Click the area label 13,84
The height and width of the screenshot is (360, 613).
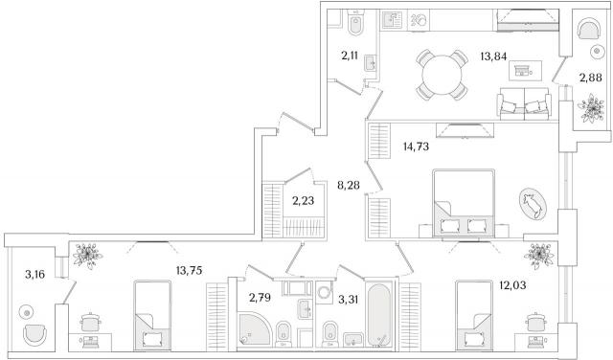pos(493,56)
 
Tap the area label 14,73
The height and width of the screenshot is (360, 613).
pos(416,147)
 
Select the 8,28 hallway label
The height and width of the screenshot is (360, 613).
pos(349,185)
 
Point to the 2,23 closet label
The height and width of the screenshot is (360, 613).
pos(303,201)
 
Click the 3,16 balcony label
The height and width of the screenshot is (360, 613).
pos(35,275)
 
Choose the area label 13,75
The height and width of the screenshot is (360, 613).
pos(190,271)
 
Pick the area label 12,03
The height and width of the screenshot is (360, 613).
pos(512,285)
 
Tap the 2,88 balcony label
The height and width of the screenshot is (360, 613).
pos(590,78)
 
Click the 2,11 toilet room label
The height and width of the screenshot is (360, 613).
pos(349,56)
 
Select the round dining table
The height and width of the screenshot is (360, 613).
pos(443,75)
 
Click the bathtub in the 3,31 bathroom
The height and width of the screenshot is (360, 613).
pos(378,315)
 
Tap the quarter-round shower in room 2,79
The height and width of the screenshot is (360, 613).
pos(255,328)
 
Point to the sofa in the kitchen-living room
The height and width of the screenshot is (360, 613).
pos(524,103)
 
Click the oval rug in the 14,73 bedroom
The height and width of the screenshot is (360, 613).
pos(533,204)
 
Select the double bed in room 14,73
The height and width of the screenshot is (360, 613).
pos(464,203)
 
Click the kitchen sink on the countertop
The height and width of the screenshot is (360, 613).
pos(392,20)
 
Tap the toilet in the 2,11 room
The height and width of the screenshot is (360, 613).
pos(355,23)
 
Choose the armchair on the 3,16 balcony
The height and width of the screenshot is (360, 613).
pos(34,334)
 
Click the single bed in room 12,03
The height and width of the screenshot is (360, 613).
pos(474,315)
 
